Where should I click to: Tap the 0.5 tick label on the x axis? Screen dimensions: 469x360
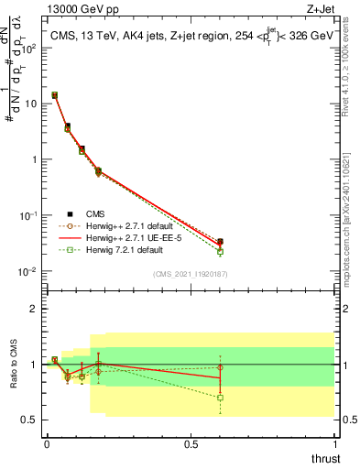pyautogui.click(x=191, y=443)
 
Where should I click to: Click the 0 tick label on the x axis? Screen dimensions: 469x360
pyautogui.click(x=47, y=443)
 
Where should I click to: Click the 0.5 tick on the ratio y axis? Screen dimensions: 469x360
pyautogui.click(x=29, y=420)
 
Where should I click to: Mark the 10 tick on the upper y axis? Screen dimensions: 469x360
pyautogui.click(x=30, y=104)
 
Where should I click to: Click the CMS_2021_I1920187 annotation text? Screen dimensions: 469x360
pyautogui.click(x=190, y=273)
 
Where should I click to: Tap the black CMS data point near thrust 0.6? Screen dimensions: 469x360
pyautogui.click(x=220, y=242)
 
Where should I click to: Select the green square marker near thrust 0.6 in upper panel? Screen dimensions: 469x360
pyautogui.click(x=220, y=251)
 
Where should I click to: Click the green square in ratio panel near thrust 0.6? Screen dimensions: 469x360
pyautogui.click(x=220, y=398)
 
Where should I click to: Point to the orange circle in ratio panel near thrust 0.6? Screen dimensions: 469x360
pyautogui.click(x=220, y=368)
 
